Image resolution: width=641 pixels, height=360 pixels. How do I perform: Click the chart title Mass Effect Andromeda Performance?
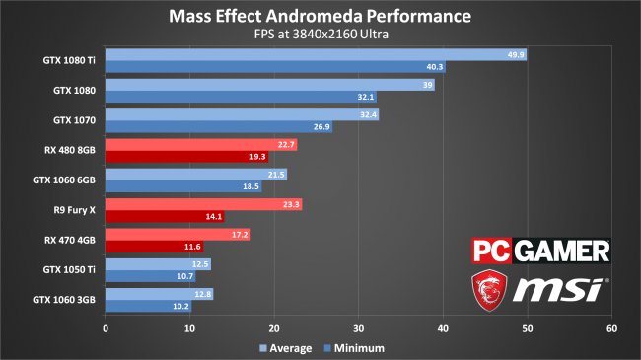pyautogui.click(x=320, y=17)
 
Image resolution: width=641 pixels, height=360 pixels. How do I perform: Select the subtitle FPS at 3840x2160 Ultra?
pyautogui.click(x=320, y=36)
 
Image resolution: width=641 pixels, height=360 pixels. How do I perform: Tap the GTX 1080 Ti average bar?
pyautogui.click(x=316, y=55)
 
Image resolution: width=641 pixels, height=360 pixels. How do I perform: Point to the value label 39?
pyautogui.click(x=427, y=86)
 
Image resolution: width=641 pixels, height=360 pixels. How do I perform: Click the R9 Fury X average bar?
pyautogui.click(x=203, y=205)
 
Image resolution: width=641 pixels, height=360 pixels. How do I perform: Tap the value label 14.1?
pyautogui.click(x=213, y=217)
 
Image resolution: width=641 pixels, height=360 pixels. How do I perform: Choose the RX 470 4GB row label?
pyautogui.click(x=71, y=240)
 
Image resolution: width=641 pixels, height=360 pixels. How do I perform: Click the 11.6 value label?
pyautogui.click(x=191, y=247)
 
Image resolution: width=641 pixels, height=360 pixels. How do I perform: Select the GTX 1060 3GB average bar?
pyautogui.click(x=159, y=294)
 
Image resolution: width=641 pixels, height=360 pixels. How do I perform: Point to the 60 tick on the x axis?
pyautogui.click(x=611, y=328)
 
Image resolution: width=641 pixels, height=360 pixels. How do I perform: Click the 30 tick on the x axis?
pyautogui.click(x=359, y=328)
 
